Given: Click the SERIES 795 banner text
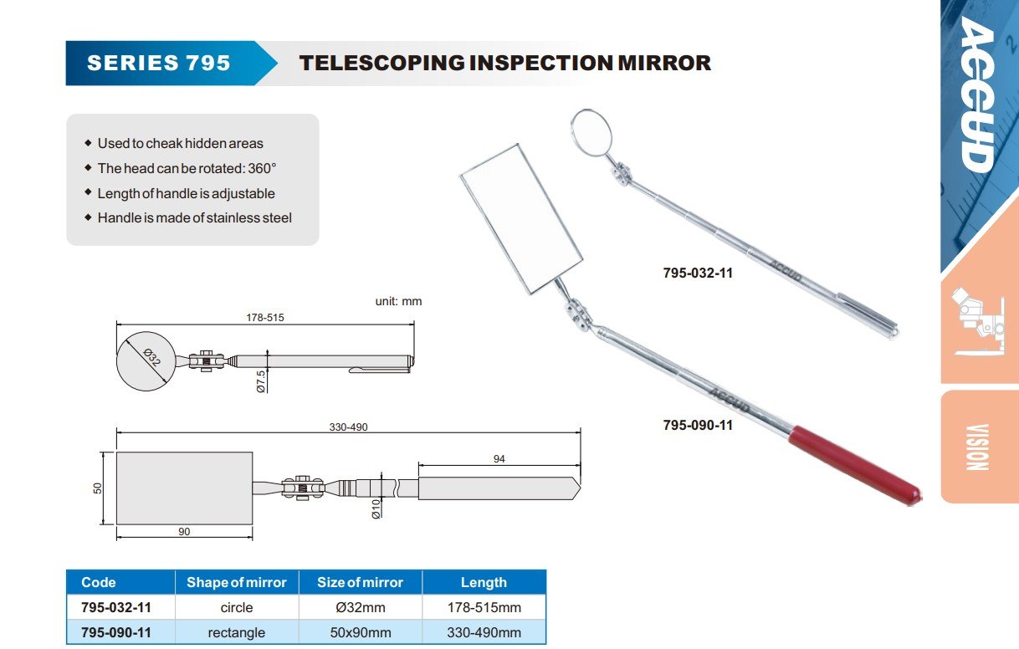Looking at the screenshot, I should [x=159, y=63].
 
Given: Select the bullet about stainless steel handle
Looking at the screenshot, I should [x=194, y=217].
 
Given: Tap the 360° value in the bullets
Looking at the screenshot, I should [x=261, y=168].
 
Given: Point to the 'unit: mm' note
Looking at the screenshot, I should [x=398, y=301].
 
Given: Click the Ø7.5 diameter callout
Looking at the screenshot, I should [x=261, y=381].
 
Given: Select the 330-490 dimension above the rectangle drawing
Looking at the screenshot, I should [x=348, y=427].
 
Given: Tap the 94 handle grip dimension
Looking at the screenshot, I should [x=499, y=459].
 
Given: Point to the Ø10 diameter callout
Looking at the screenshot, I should [x=376, y=508].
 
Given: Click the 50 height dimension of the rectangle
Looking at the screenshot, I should [x=98, y=488].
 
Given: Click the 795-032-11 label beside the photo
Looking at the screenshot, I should [x=698, y=273].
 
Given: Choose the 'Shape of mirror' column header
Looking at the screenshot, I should [x=236, y=583].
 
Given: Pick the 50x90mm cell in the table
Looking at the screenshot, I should [x=360, y=632].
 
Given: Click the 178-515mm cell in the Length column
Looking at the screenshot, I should [x=484, y=607].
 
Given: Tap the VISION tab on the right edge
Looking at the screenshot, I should [x=978, y=447].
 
